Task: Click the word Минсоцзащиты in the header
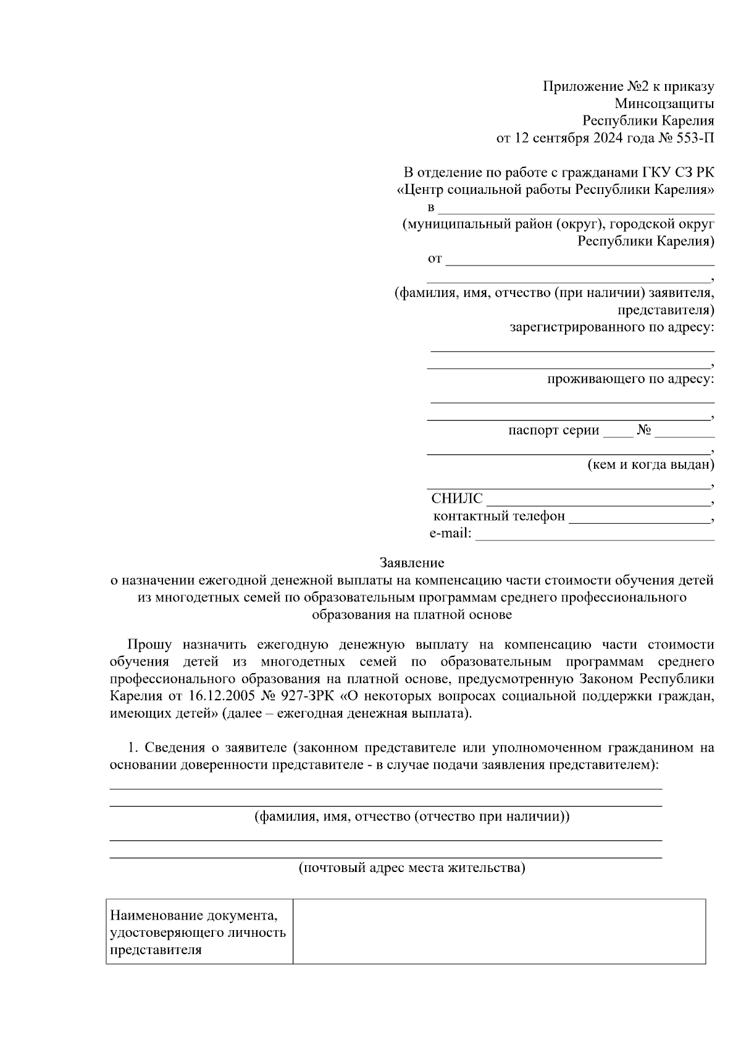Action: point(664,103)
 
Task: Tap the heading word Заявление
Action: point(411,563)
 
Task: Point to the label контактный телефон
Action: point(499,516)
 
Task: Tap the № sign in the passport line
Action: point(644,430)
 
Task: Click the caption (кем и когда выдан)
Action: point(650,464)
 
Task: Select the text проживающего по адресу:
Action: point(630,379)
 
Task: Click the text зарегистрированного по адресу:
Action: point(611,327)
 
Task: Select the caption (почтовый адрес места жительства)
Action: point(412,868)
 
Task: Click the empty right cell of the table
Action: point(499,931)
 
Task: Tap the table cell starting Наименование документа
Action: point(199,931)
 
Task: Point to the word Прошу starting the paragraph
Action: point(149,645)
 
